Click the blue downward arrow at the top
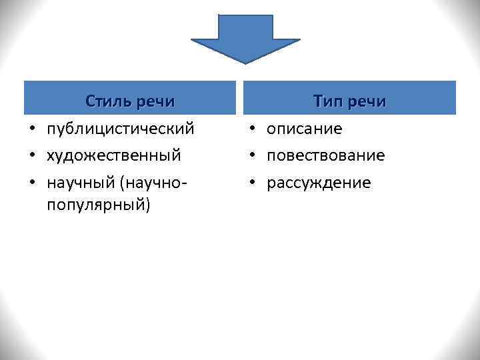[x=245, y=37]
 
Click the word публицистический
[x=121, y=129]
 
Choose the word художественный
[x=114, y=155]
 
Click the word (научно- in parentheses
[x=153, y=183]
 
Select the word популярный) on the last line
[x=99, y=204]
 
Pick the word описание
[x=305, y=129]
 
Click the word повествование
[x=326, y=155]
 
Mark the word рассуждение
[x=319, y=183]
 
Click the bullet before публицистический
[x=31, y=129]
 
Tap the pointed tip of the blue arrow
[x=245, y=62]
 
